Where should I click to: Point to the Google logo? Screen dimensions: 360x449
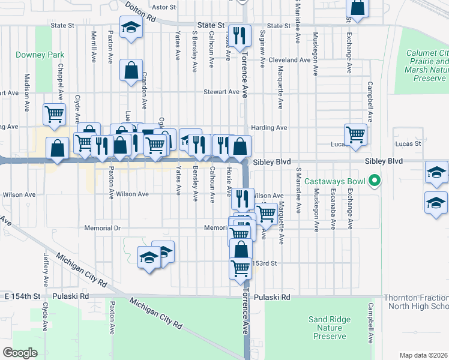point(20,352)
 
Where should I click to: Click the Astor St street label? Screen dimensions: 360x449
point(164,7)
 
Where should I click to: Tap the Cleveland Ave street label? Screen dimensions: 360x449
point(289,60)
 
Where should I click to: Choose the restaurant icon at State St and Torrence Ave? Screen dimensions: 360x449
point(240,35)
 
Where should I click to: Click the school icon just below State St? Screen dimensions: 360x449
point(130,28)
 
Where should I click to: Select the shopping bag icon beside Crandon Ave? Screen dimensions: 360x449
point(130,70)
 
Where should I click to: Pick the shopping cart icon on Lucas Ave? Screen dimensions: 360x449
point(355,134)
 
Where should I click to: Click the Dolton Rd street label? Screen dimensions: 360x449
point(140,12)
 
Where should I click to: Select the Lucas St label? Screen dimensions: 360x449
point(408,144)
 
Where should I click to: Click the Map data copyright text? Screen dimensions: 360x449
point(424,355)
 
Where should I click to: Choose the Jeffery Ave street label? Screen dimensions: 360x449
point(46,269)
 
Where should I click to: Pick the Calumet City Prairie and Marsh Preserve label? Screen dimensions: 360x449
point(427,65)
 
